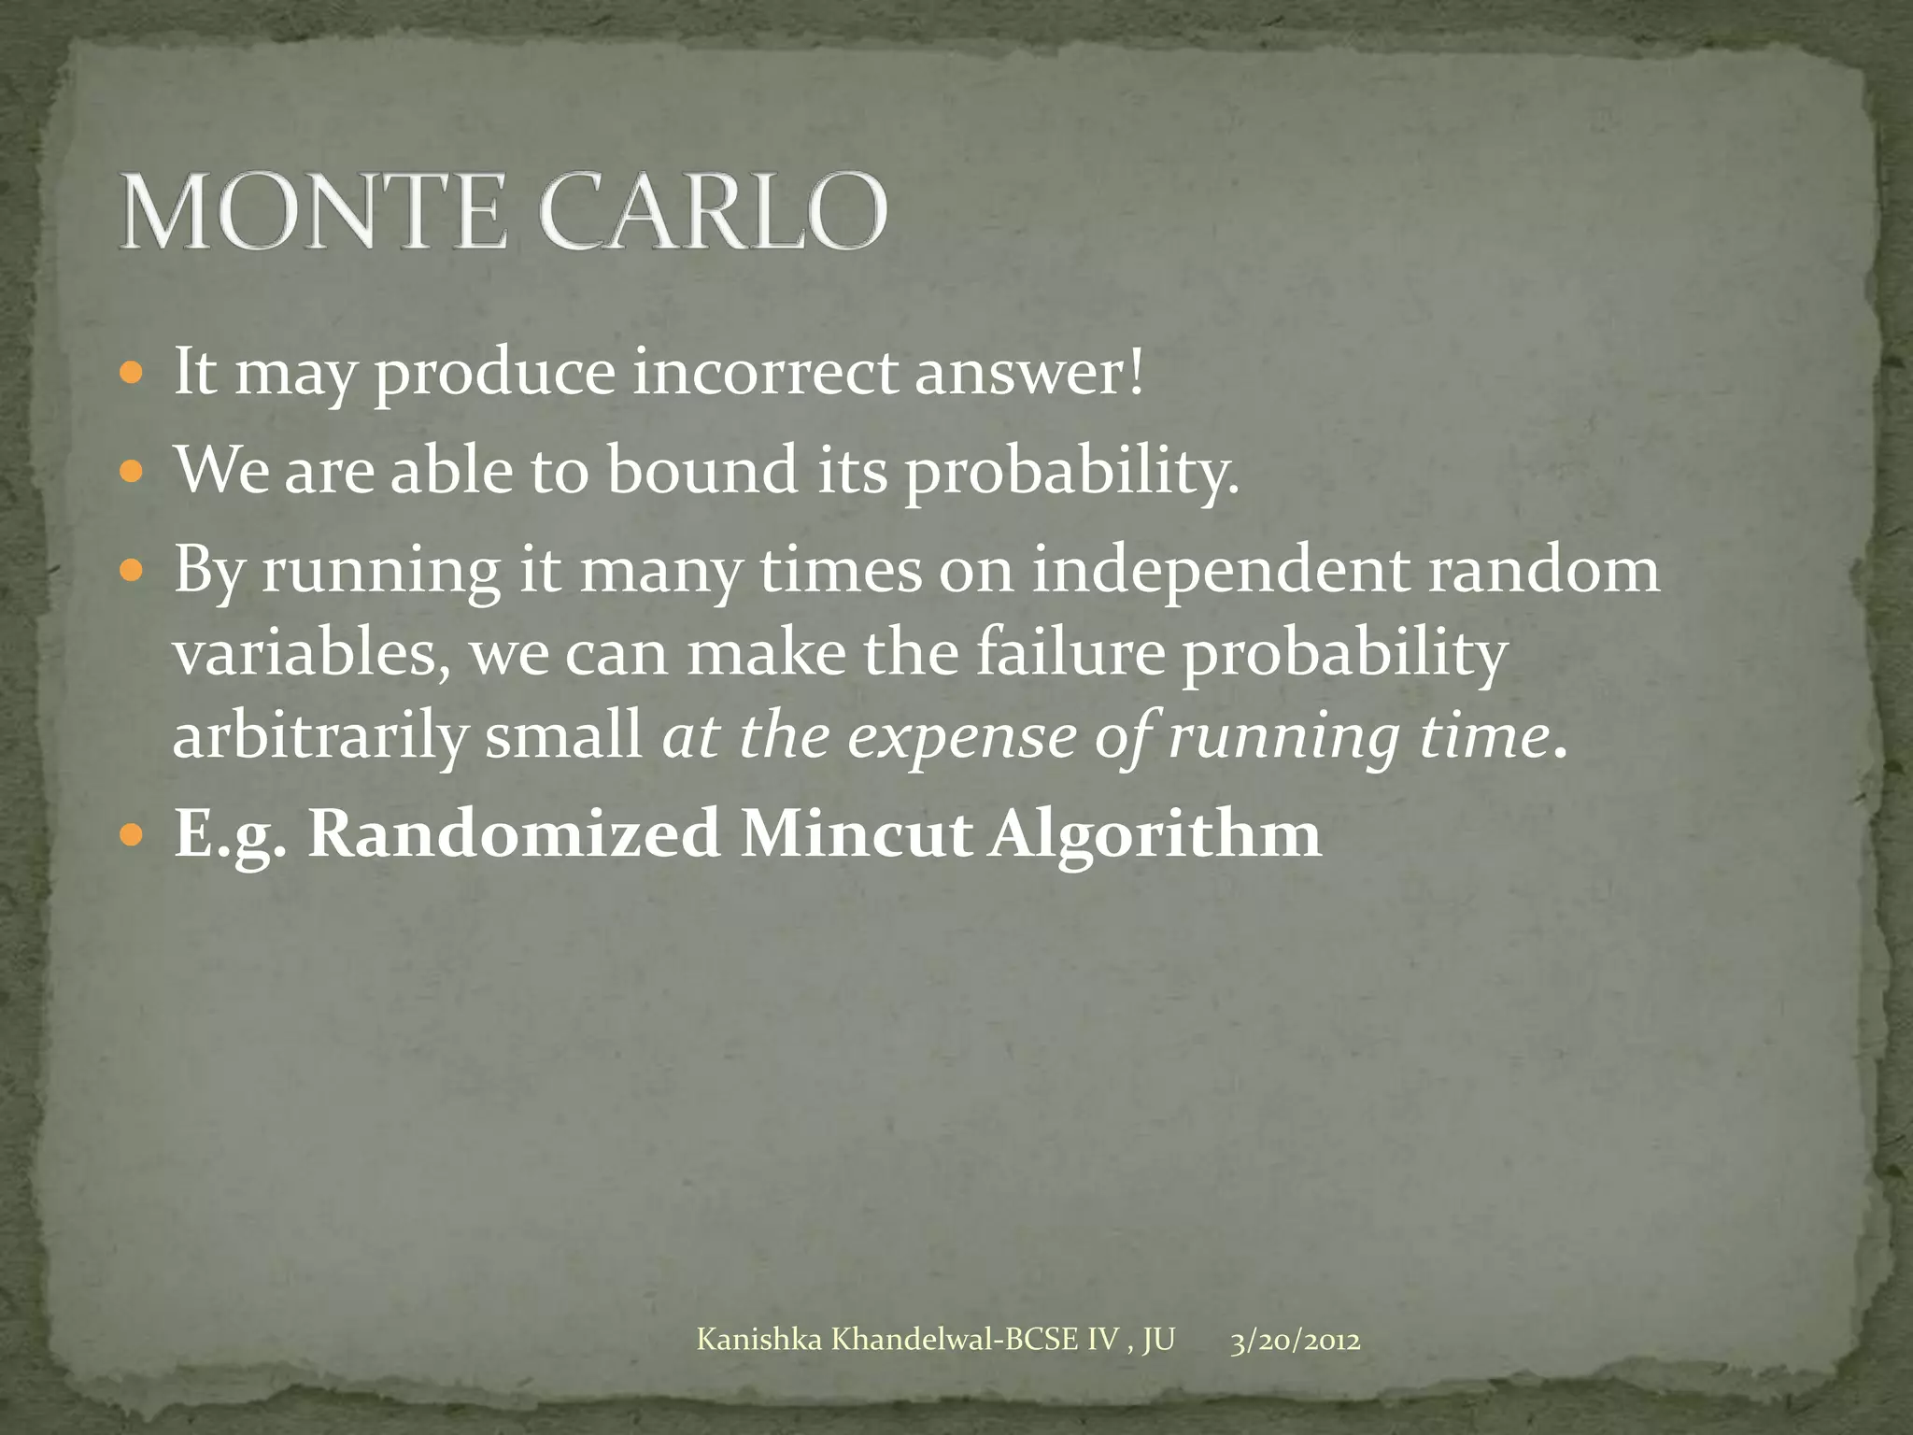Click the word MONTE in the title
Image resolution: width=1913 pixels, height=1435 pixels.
click(313, 212)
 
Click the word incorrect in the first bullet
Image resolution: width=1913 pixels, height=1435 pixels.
click(765, 373)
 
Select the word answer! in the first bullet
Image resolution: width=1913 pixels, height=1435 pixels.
click(1028, 373)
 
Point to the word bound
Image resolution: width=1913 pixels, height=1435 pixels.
click(702, 470)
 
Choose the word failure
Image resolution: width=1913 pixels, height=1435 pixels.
click(1071, 654)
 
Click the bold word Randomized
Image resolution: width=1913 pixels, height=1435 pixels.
click(514, 832)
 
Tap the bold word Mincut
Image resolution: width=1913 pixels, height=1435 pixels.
click(856, 832)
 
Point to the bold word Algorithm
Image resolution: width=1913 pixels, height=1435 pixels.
click(1155, 832)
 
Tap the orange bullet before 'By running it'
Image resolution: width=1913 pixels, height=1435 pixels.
click(134, 570)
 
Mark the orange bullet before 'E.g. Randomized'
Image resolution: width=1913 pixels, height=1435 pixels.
click(134, 834)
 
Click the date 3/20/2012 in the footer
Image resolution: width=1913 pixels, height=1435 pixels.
click(1295, 1341)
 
